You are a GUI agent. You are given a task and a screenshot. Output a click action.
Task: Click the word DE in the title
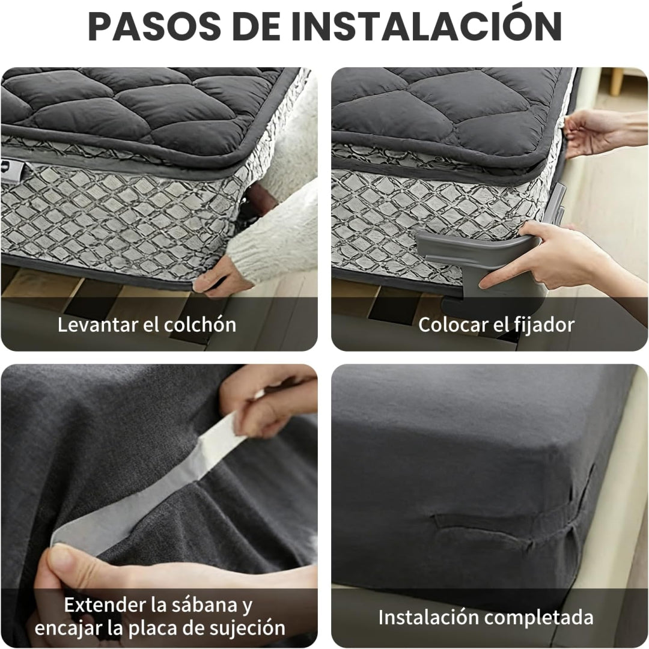[257, 26]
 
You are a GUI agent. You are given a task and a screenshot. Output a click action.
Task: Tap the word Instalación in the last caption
[428, 617]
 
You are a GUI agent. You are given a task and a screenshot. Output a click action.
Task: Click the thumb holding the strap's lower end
[70, 567]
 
